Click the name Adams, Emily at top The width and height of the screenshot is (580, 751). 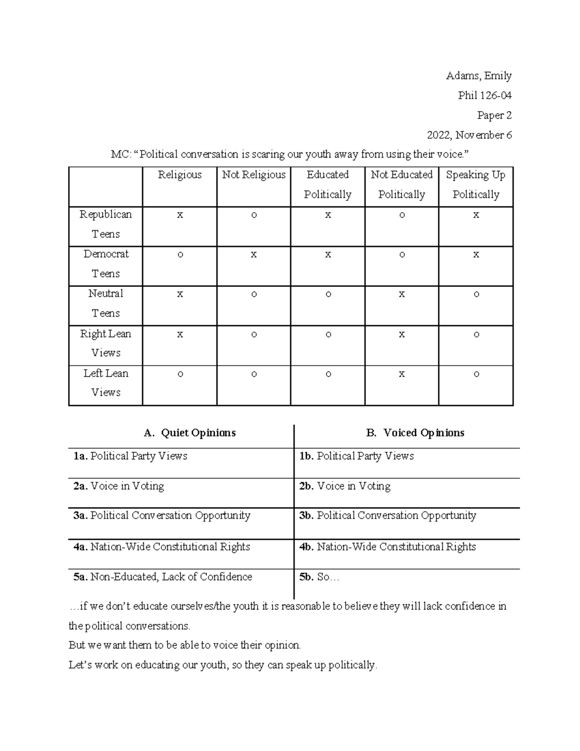478,76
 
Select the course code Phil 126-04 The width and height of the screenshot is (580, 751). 484,96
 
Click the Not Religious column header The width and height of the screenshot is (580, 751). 254,175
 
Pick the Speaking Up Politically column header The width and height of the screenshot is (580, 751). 476,185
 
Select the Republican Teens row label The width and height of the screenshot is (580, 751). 106,224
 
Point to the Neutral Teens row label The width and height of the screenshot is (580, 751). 106,303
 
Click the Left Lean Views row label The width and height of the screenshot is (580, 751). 106,383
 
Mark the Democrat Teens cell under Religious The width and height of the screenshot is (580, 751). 180,255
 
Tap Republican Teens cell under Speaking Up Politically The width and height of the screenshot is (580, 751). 476,215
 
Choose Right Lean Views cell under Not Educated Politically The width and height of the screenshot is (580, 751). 402,334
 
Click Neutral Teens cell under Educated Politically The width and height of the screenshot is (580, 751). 328,295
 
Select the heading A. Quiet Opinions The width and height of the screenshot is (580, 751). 190,433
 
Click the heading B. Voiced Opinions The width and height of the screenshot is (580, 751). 415,433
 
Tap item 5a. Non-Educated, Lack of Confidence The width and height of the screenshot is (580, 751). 163,577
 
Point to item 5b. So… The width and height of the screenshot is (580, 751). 319,577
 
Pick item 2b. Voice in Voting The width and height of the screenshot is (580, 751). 345,486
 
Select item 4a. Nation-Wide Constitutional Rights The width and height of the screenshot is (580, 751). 162,547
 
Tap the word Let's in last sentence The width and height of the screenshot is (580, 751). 80,665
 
